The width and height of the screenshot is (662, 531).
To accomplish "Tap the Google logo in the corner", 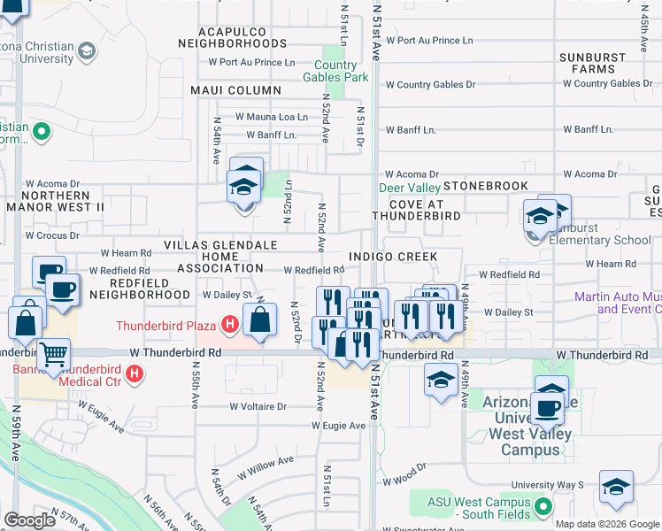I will point(29,520).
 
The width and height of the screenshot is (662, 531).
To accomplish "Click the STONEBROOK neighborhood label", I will point(486,186).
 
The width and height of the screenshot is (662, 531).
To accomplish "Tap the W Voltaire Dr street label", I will point(258,407).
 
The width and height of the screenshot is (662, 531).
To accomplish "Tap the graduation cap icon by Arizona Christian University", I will point(87,51).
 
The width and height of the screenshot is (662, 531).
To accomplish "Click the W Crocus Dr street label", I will point(52,236).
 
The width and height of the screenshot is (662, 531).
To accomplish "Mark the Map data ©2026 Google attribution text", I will point(607,524).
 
